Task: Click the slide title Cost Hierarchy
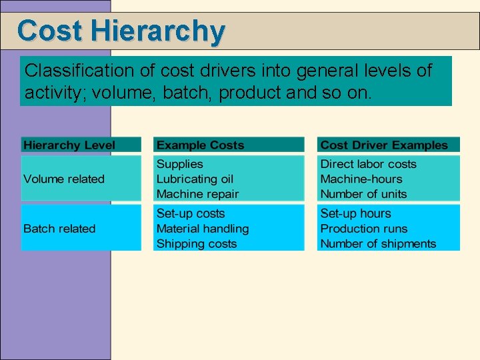coord(121,31)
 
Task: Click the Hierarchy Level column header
coord(69,145)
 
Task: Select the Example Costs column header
coord(200,145)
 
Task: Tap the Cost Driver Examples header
coord(384,145)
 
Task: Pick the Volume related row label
coord(64,179)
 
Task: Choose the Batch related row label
coord(59,229)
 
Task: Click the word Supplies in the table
coord(179,164)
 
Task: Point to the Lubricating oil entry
coord(195,179)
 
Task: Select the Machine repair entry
coord(197,194)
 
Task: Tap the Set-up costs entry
coord(190,213)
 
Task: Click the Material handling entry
coord(202,229)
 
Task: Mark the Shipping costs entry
coord(196,244)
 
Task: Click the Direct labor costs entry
coord(368,164)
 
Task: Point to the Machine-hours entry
coord(361,179)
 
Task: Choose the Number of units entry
coord(363,194)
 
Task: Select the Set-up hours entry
coord(355,213)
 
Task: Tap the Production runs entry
coord(363,229)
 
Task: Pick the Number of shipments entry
coord(378,244)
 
